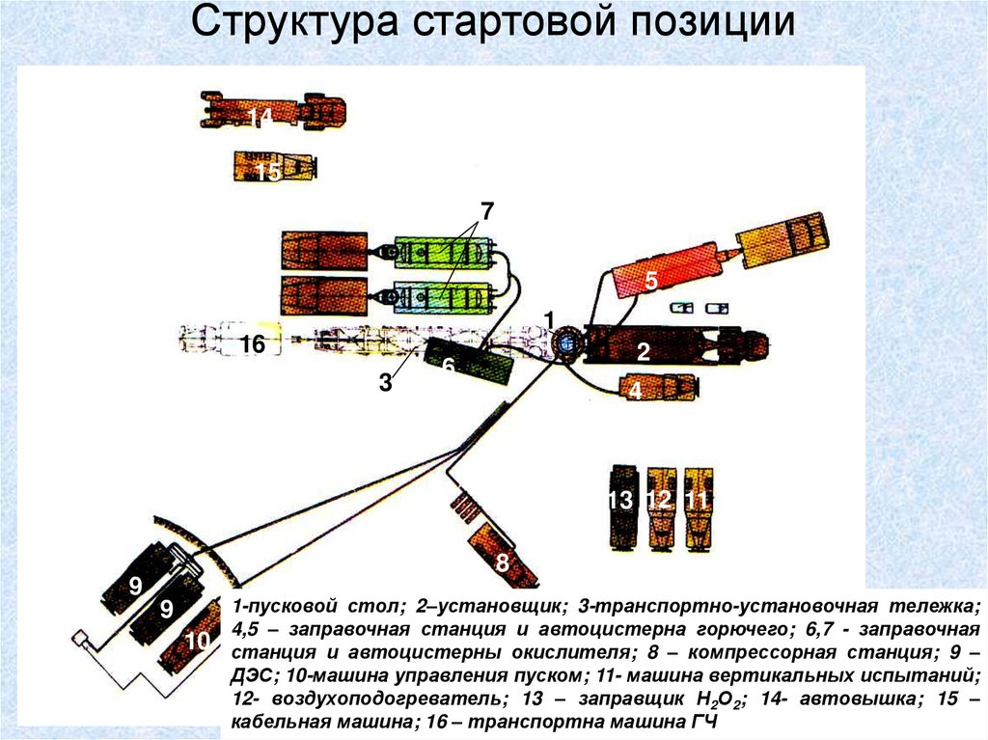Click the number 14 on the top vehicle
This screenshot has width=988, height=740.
point(259,116)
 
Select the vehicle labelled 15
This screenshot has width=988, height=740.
point(273,168)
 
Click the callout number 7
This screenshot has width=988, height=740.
point(487,210)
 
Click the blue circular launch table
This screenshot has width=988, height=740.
point(565,343)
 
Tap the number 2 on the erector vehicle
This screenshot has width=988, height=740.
point(643,354)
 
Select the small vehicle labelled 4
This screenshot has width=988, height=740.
point(660,387)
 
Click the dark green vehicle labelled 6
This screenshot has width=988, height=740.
point(470,364)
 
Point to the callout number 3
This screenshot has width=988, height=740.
point(385,383)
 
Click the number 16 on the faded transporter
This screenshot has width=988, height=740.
point(253,344)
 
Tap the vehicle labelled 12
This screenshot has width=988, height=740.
point(659,506)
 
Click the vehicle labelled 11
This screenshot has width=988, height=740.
point(697,504)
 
